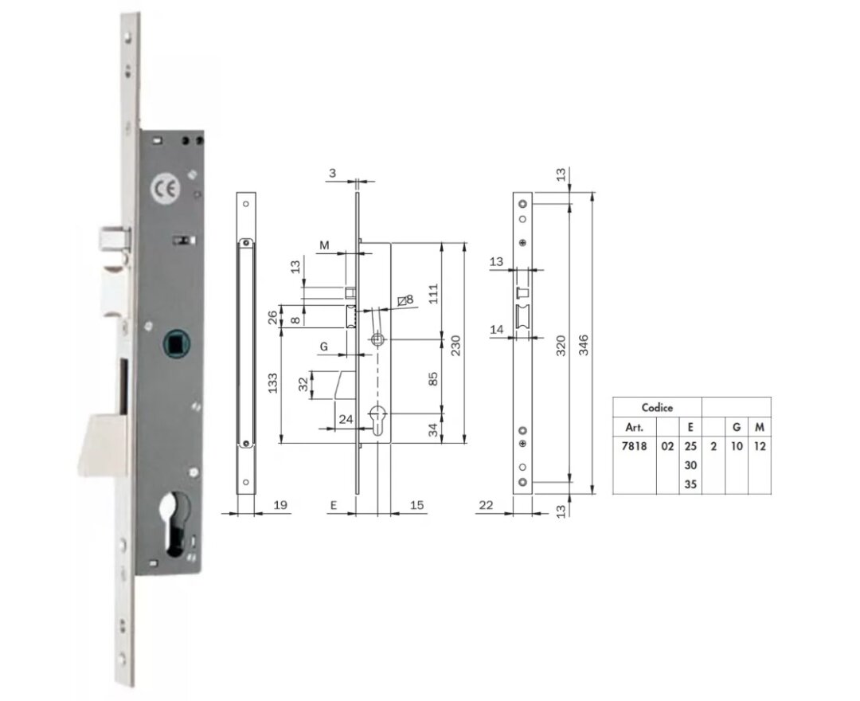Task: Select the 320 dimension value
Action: pyautogui.click(x=561, y=344)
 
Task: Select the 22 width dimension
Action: pyautogui.click(x=485, y=505)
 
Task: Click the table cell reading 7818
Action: pyautogui.click(x=633, y=446)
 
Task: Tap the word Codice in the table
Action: pyautogui.click(x=657, y=408)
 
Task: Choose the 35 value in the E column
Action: pyautogui.click(x=690, y=484)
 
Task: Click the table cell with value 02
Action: pyautogui.click(x=667, y=446)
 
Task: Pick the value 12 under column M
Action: pyautogui.click(x=760, y=446)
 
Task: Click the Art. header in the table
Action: pyautogui.click(x=633, y=427)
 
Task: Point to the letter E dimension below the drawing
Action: pyautogui.click(x=334, y=505)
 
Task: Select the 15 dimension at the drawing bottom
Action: pyautogui.click(x=417, y=505)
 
